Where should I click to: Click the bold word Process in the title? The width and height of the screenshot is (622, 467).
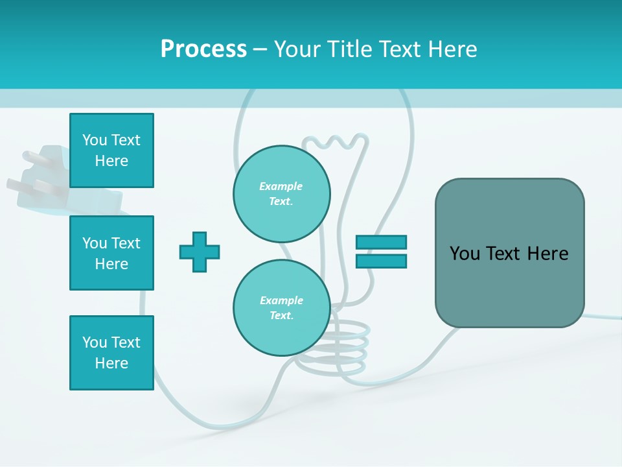203,49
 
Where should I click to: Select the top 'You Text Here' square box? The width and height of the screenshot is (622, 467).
111,150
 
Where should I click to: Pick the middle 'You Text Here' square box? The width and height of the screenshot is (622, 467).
111,253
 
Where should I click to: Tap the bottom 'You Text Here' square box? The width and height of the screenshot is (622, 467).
111,353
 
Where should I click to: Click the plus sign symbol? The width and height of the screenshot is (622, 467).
200,252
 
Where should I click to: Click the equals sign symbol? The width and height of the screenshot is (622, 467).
381,252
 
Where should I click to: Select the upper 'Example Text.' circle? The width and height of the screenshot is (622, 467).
281,194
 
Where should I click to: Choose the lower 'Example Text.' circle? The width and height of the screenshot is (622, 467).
281,308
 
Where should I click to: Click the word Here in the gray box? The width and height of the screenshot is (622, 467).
547,254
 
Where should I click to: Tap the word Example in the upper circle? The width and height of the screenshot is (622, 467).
281,186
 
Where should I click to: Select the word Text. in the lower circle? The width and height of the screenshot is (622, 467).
281,316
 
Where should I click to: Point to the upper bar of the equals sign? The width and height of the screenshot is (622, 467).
381,242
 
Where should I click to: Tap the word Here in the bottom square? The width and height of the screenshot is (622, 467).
111,363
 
